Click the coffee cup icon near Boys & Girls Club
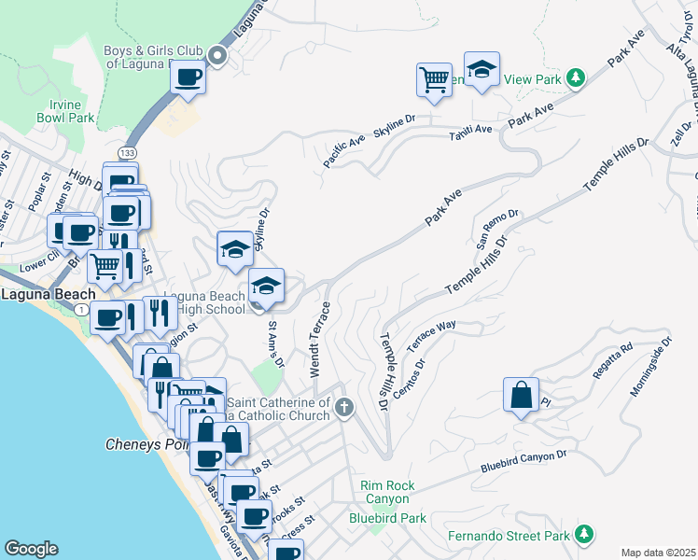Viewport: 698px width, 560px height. (188, 77)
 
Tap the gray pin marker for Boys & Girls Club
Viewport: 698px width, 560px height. (217, 56)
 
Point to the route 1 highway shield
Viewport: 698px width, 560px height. (83, 309)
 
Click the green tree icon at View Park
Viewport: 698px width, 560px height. (577, 78)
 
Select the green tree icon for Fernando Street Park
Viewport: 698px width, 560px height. (583, 534)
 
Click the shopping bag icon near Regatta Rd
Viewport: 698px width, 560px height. (521, 395)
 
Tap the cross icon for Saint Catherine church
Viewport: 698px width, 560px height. (344, 407)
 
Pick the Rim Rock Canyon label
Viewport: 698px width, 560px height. (388, 492)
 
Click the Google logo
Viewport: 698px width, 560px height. (31, 548)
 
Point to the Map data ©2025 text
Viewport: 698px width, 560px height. (658, 553)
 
